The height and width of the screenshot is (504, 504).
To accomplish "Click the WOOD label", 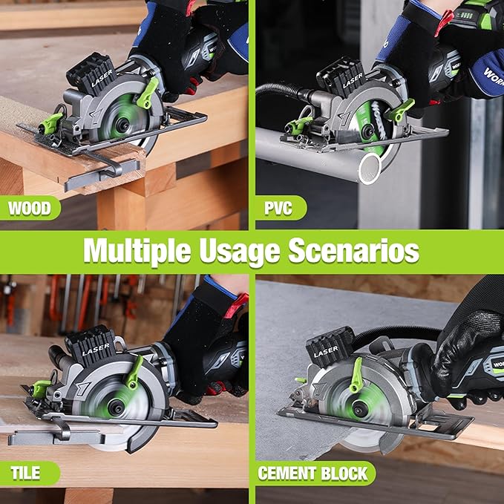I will pos(30,207).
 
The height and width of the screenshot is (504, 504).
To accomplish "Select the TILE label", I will pos(27,473).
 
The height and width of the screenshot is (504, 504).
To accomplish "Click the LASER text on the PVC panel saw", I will pos(352,77).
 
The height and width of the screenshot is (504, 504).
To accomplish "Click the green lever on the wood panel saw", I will pos(148,95).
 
